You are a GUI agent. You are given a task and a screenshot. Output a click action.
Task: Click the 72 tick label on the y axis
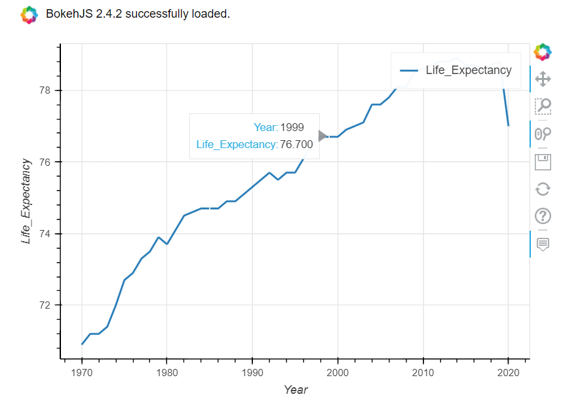(45, 305)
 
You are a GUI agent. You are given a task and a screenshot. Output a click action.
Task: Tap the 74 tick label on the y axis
(45, 234)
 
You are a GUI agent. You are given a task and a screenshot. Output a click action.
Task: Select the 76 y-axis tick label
(45, 162)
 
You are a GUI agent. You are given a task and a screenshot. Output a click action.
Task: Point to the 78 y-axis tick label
(45, 90)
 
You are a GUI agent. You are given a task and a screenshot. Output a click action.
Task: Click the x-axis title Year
(296, 390)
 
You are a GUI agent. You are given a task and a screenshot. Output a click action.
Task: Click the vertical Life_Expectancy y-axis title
(26, 202)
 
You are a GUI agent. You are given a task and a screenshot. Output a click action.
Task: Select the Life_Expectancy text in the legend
(469, 70)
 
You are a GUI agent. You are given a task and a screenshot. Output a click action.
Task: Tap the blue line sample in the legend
(409, 71)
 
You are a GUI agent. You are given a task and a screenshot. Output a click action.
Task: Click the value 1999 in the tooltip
(292, 127)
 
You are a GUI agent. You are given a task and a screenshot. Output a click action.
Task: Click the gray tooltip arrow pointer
(322, 136)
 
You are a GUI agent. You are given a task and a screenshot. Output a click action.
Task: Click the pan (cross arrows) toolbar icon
(543, 79)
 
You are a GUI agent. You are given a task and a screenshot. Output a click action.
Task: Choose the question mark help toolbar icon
(543, 216)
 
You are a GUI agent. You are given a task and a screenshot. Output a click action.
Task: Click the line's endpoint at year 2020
(509, 125)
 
